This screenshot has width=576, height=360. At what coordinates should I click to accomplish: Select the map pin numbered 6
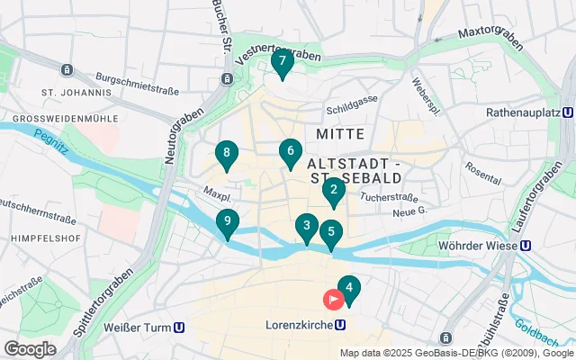290,152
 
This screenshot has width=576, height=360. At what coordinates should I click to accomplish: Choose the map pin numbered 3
307,228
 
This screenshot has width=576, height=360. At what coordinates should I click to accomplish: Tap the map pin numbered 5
331,233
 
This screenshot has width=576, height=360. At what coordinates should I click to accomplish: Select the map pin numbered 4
348,289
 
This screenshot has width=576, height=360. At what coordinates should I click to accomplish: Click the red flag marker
334,299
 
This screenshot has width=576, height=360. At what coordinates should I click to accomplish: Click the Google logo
30,348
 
